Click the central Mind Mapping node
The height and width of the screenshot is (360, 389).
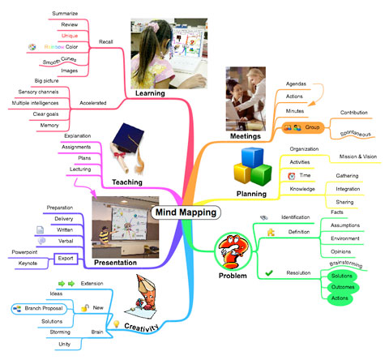coord(186,212)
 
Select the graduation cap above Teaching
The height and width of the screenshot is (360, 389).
coord(128,139)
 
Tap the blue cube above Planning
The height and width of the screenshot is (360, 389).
coord(252,157)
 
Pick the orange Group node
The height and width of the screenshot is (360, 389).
coord(303,127)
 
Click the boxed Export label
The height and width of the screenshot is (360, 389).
coord(66,259)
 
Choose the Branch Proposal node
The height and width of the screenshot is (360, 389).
coord(39,309)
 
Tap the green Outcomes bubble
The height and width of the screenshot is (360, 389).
coord(343,287)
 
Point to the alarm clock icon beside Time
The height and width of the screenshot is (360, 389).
coord(292,176)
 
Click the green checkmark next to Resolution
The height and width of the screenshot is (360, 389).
coord(269,273)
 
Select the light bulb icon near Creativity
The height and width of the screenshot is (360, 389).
coord(117,324)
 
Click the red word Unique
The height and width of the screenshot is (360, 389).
coord(70,36)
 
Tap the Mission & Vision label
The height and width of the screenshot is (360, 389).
coord(358,156)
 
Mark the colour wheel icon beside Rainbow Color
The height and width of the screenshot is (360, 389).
coord(32,47)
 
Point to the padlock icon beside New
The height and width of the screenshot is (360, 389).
coord(85,307)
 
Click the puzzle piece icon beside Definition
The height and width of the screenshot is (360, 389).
coord(271,232)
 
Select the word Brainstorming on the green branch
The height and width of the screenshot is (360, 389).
coord(346,264)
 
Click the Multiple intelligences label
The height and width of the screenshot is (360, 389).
coord(35,103)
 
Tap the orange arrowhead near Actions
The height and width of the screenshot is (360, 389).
coord(311,103)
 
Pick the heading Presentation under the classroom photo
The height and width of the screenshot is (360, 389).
coord(115,263)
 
